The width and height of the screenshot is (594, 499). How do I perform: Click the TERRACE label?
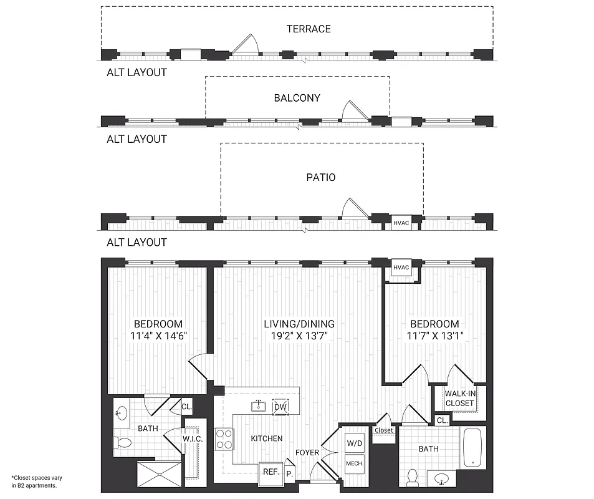point(309,29)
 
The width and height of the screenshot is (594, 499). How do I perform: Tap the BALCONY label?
point(297,98)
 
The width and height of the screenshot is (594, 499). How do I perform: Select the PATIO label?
point(322,177)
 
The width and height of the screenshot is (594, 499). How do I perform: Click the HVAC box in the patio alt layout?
point(401,222)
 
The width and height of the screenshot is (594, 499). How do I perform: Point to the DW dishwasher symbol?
point(280,407)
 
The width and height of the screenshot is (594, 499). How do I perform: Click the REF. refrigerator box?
point(271,472)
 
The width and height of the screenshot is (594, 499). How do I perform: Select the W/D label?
point(354,443)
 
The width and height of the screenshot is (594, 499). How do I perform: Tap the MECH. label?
point(354,464)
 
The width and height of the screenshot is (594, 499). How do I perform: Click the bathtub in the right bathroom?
point(473,447)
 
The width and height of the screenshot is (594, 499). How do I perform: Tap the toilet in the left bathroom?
point(123,443)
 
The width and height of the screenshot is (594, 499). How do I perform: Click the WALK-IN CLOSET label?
point(459,398)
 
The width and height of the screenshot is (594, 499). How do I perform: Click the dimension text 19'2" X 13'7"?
point(299,336)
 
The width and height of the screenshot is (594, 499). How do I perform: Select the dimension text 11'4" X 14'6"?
point(158,336)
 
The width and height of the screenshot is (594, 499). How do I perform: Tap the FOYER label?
point(307,453)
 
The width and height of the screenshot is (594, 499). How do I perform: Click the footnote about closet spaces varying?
point(36,481)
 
